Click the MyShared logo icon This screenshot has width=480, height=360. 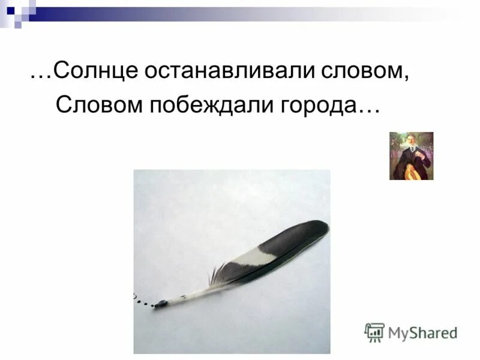[x=374, y=332]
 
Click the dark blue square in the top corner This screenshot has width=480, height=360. [x=10, y=10]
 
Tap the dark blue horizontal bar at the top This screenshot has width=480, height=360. [x=120, y=10]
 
